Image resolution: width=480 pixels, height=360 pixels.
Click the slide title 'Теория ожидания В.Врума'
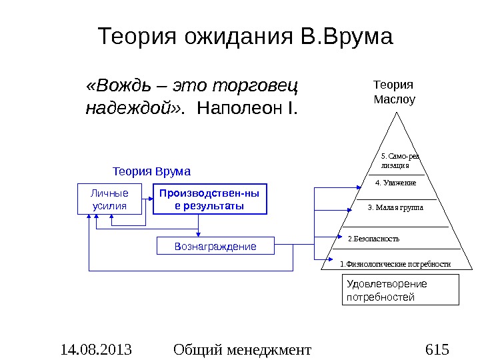click(245, 37)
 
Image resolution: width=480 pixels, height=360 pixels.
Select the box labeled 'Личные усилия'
click(111, 199)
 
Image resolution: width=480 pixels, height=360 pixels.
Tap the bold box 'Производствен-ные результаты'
click(209, 199)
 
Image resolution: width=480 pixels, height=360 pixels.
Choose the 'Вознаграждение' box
click(215, 246)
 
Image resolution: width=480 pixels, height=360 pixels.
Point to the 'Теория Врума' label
click(151, 171)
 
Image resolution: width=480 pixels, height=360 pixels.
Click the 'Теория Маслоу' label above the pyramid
click(393, 93)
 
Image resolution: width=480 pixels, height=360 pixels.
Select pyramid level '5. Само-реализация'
click(399, 160)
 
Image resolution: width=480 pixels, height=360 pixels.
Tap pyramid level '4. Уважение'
click(396, 183)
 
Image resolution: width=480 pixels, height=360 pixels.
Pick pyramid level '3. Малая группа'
click(395, 207)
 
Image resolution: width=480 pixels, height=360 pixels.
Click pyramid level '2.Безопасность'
click(375, 238)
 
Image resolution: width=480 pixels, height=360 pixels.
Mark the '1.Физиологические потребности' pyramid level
click(395, 264)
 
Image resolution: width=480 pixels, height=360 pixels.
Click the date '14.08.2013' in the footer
click(95, 349)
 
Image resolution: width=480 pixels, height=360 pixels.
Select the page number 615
click(437, 349)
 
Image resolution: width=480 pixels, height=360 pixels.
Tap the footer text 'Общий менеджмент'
click(241, 349)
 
